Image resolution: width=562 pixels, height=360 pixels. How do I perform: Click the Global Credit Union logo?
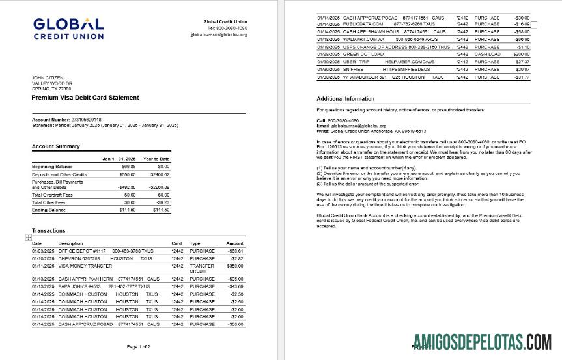[x=68, y=28]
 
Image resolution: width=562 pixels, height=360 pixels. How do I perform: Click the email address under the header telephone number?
[x=219, y=34]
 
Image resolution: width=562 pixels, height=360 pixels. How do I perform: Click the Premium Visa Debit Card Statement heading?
[x=85, y=97]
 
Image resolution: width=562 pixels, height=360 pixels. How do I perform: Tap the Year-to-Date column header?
[x=156, y=159]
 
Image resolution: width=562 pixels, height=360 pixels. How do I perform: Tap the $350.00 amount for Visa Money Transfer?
[x=234, y=266]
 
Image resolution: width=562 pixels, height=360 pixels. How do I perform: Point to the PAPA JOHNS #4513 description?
[x=78, y=286]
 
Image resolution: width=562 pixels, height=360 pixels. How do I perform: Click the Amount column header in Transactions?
[x=234, y=243]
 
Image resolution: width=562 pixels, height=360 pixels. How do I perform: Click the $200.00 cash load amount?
[x=520, y=54]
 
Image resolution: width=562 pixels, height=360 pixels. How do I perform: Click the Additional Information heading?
[x=346, y=99]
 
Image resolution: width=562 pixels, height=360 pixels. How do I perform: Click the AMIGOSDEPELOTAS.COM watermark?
[x=482, y=341]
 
